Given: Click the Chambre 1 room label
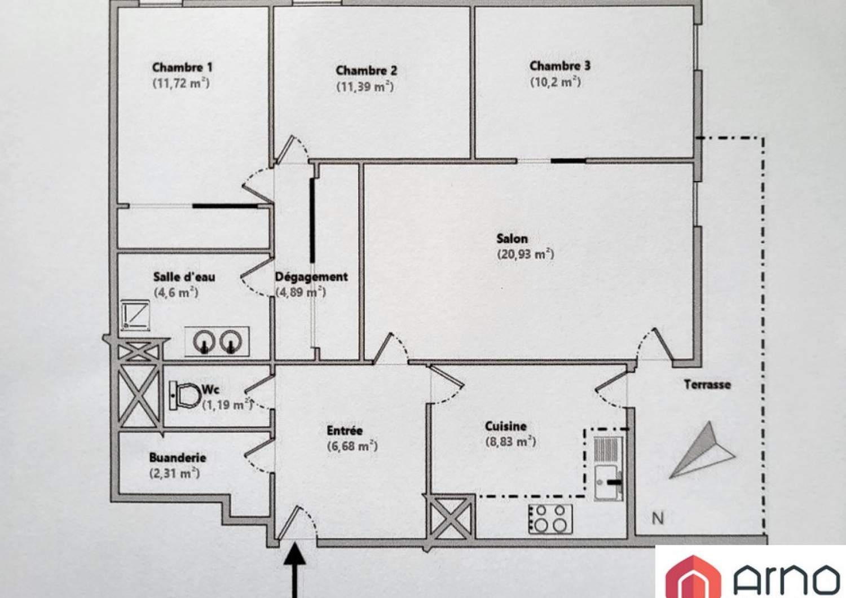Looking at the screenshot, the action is coord(182,68).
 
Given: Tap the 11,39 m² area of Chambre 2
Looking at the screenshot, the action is coord(365,87).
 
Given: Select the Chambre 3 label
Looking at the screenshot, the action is coord(559,66).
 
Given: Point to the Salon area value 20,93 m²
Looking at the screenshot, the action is coord(525,254).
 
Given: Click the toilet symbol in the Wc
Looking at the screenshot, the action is coord(184,395).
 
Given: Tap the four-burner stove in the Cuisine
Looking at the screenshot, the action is coord(550,519).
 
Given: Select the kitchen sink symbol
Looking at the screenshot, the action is coord(607,483).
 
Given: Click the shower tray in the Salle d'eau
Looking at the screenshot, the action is coord(135,315).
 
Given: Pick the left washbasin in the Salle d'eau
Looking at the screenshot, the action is coord(204,341).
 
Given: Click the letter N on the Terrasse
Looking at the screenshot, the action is coord(658,518).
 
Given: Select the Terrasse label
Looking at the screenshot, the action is coord(707,385).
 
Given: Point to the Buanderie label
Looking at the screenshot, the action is coord(178,458).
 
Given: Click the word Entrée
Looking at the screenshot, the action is coord(345,430).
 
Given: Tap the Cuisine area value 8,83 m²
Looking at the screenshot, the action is coord(510,442).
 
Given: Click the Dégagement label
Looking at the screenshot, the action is coord(311,277).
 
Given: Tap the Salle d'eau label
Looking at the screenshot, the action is coord(184,276).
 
